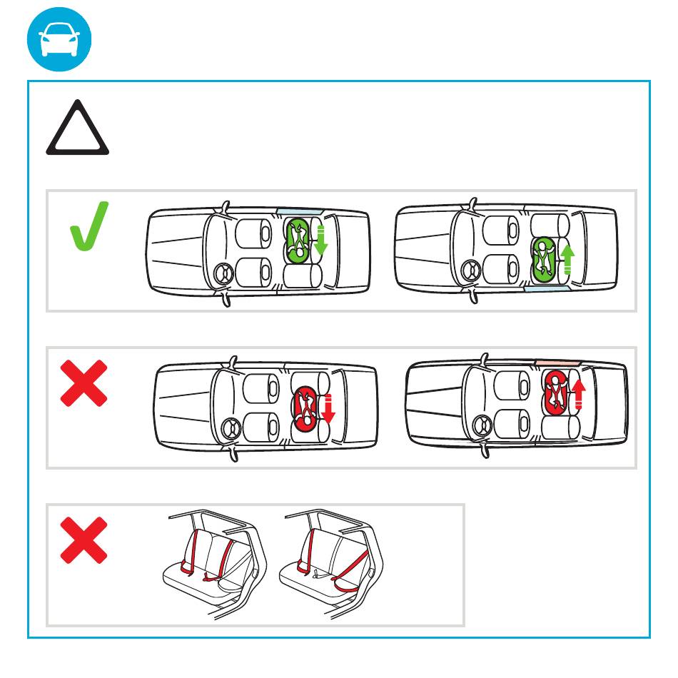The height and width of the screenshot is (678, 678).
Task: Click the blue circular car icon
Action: click(x=60, y=39)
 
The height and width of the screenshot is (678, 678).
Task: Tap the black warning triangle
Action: click(x=77, y=131)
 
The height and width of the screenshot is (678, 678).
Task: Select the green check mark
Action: click(x=88, y=226)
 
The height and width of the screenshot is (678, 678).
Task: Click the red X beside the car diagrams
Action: click(x=84, y=383)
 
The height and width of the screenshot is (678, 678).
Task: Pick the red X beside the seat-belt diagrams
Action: click(x=84, y=540)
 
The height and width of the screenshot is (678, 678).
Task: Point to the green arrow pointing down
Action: click(x=320, y=241)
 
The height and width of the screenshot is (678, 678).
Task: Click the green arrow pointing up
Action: click(x=568, y=259)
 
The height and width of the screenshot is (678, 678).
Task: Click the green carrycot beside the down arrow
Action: click(x=298, y=240)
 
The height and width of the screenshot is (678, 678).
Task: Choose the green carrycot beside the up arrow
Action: click(x=546, y=259)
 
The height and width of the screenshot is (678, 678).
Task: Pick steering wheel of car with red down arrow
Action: click(x=231, y=430)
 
